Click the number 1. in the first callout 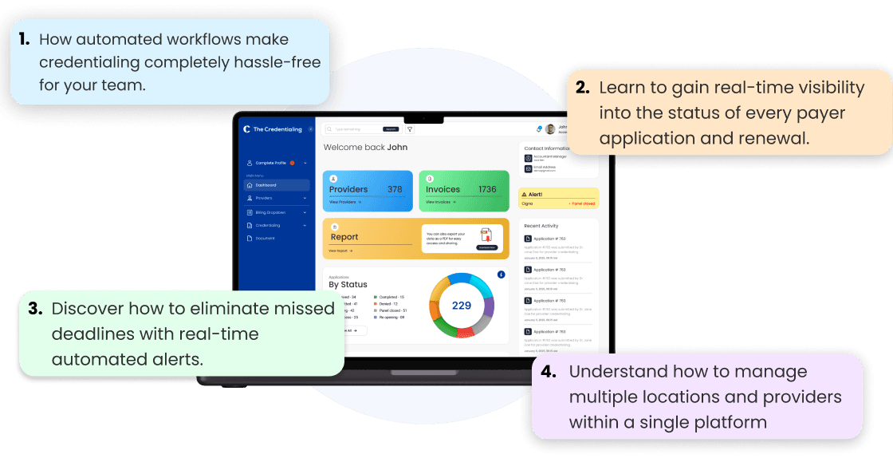(x=24, y=39)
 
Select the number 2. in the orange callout (x=583, y=88)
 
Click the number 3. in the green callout (x=35, y=309)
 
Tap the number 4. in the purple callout (x=549, y=372)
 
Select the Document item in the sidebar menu (x=265, y=238)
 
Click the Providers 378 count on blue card (x=395, y=189)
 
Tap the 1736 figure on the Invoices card (x=487, y=189)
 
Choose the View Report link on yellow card (x=340, y=251)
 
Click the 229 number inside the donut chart (x=462, y=305)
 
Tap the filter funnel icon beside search (x=410, y=128)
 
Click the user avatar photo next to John (x=550, y=128)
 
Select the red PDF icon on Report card (x=486, y=235)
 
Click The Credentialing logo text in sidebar (x=277, y=128)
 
